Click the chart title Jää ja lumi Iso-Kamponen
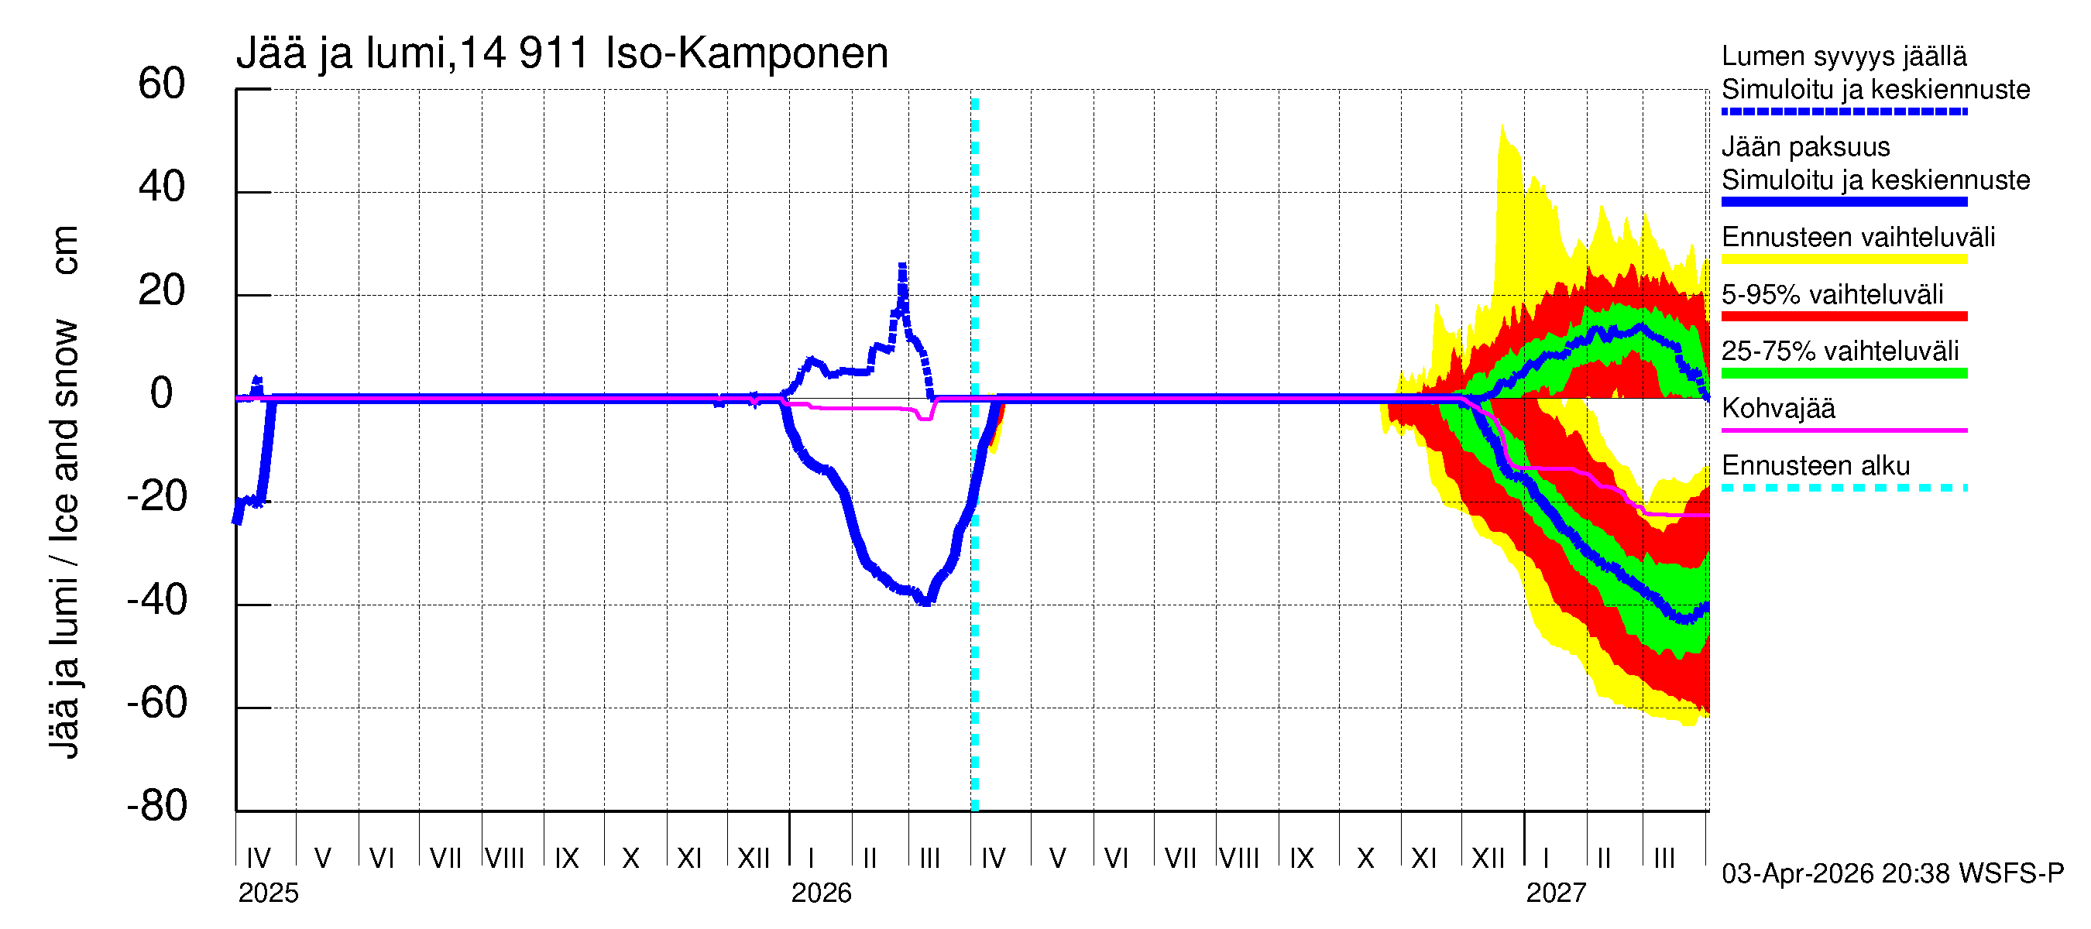point(561,53)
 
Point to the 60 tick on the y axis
point(162,84)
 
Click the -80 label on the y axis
point(156,806)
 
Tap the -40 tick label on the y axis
point(156,601)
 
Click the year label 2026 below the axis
point(821,893)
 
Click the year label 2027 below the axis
point(1555,893)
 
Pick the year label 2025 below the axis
point(268,893)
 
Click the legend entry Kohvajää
point(1777,408)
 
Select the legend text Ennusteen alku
point(1815,466)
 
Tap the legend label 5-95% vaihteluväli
point(1832,294)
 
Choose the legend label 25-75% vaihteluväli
point(1839,351)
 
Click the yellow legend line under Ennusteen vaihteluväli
point(1843,259)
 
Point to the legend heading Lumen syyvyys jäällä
point(1843,57)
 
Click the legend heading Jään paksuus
point(1805,147)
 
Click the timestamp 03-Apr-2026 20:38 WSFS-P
point(1892,874)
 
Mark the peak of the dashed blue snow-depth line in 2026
point(901,266)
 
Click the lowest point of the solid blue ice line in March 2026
point(925,602)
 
